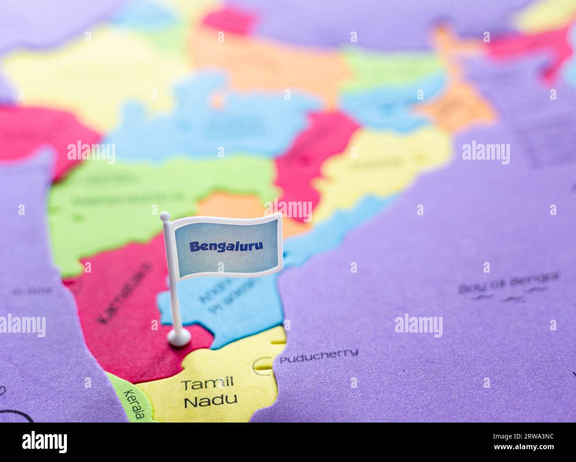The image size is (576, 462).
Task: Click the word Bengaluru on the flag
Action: pos(226,247)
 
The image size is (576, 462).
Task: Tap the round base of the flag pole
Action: pos(179,338)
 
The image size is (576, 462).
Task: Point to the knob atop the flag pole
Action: pos(165,216)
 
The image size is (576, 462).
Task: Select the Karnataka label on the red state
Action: pos(124,293)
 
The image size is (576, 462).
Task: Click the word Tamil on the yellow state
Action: pos(207,384)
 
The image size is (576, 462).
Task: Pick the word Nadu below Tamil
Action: pos(210,401)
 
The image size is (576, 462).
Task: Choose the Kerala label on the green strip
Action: pos(134,404)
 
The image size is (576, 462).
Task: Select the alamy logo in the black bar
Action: pos(44,442)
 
